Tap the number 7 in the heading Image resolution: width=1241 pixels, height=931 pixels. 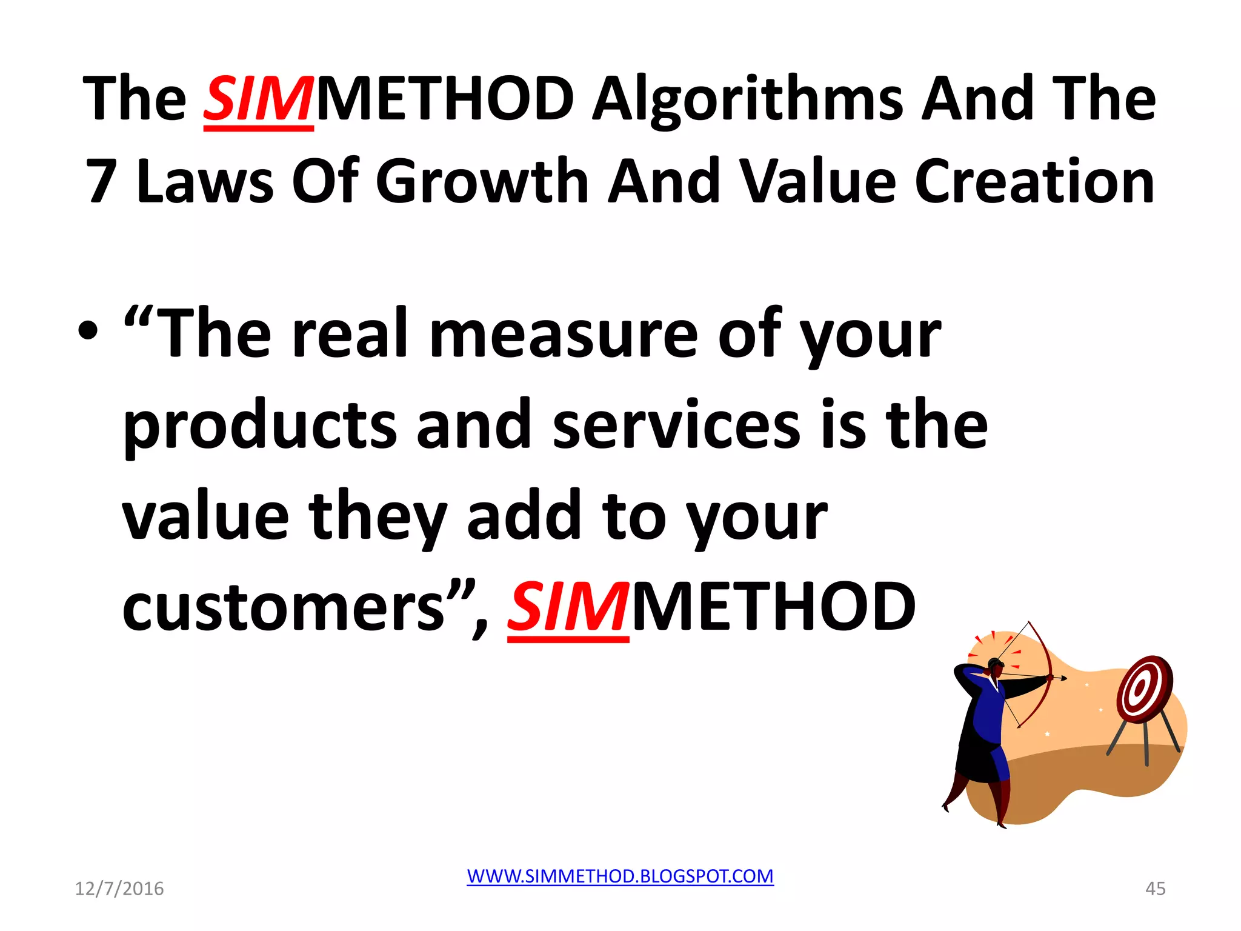(101, 181)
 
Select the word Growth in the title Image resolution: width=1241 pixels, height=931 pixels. (482, 181)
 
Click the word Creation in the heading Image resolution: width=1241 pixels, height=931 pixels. (1034, 181)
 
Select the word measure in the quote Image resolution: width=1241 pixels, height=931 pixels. (564, 335)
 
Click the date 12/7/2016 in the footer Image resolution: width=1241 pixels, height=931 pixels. (119, 889)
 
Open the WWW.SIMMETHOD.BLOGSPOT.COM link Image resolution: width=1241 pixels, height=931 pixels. (620, 876)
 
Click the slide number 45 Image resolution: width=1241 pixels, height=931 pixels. (1155, 889)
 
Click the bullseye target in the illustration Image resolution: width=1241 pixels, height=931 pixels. (1143, 690)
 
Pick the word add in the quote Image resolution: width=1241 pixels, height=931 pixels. (524, 516)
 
